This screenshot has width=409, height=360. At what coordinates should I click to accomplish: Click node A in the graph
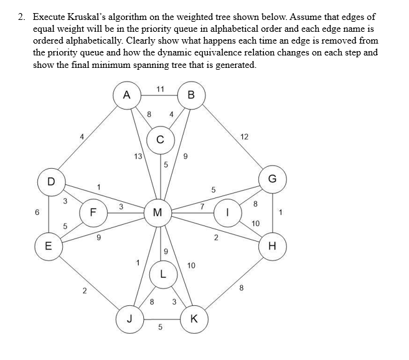127,95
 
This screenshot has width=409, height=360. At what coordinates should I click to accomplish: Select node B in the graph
191,95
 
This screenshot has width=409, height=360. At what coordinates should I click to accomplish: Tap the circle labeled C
161,140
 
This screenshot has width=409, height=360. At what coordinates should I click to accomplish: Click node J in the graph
130,320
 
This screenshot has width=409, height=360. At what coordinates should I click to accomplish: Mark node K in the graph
193,320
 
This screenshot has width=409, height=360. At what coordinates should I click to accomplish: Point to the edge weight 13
138,156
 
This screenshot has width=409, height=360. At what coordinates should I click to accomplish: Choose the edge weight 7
202,206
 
